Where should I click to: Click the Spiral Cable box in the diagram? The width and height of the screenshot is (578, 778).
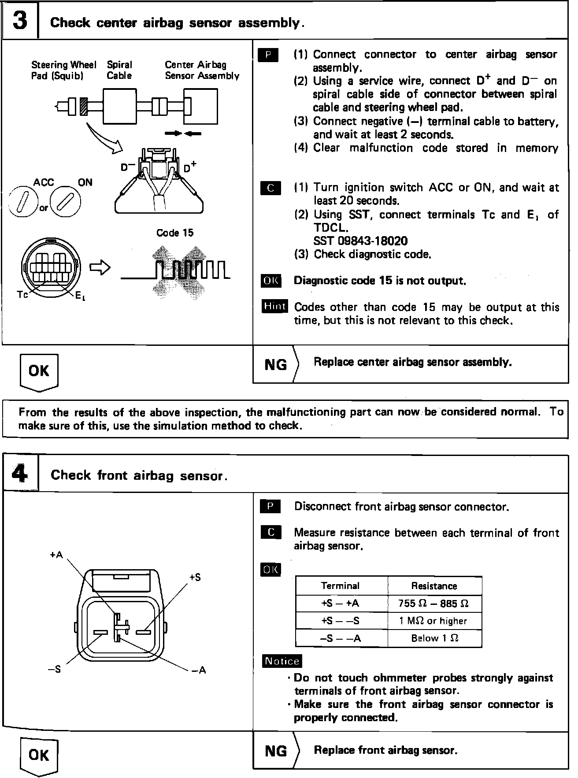tap(120, 106)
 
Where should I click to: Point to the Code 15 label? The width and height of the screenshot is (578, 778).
tap(175, 233)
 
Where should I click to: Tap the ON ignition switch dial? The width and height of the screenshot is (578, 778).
tap(65, 203)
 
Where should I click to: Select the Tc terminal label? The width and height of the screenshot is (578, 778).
tap(22, 295)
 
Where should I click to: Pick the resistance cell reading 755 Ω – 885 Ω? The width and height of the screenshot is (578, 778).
tap(434, 604)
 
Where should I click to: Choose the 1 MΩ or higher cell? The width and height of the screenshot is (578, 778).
tap(433, 621)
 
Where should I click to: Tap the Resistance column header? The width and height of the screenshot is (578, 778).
tap(434, 586)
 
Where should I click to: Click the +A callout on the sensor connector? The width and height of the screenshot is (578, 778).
tap(56, 555)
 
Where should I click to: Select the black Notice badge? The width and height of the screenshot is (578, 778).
tap(282, 661)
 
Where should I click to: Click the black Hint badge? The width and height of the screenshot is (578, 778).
tap(275, 306)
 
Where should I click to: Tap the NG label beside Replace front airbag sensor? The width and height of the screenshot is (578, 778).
tap(276, 751)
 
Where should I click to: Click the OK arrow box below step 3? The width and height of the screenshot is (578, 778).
tap(39, 371)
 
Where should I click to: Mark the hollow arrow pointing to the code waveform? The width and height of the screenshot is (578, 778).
tap(100, 267)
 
